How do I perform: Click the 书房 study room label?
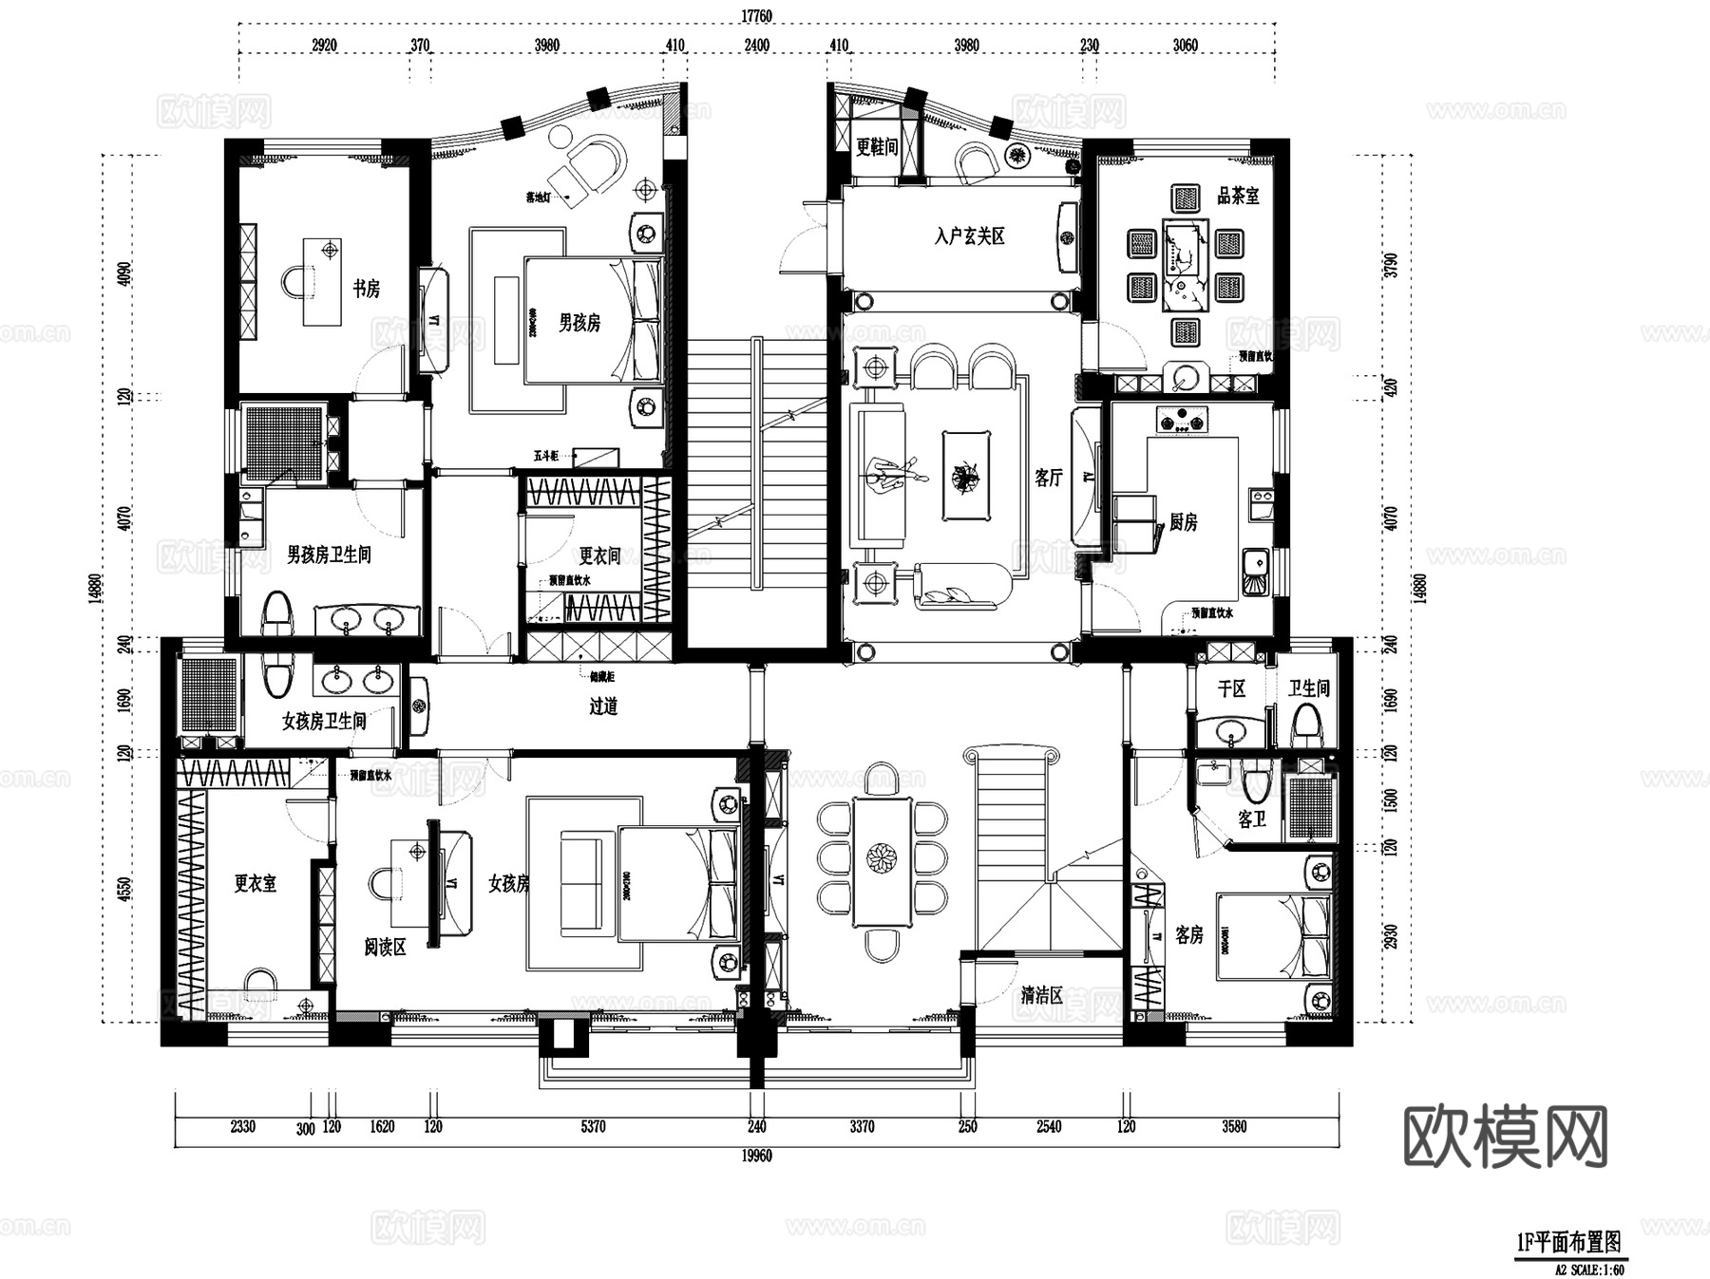367,289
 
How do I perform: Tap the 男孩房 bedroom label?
579,324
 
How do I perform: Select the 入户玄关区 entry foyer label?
969,236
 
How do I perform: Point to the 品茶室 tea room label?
1238,197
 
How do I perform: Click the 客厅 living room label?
1049,478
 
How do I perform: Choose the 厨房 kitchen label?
1183,522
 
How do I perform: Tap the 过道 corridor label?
603,706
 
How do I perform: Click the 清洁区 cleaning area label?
1041,996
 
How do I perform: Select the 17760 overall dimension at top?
756,15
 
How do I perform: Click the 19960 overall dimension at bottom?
756,1156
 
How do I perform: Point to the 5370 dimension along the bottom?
593,1127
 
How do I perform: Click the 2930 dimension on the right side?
1392,937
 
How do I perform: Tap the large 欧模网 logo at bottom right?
1505,1136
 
